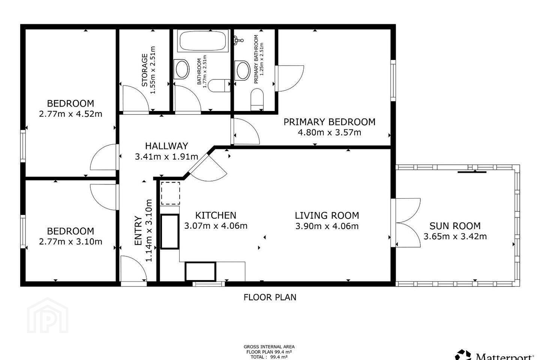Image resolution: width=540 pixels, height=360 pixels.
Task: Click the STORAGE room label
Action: tap(144, 70)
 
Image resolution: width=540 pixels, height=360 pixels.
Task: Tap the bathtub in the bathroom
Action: tap(203, 41)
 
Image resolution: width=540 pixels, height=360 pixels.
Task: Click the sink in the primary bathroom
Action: tap(243, 70)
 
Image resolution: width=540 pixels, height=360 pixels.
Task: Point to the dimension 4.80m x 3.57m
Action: tap(329, 132)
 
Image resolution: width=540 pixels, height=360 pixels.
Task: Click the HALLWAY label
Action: tap(166, 146)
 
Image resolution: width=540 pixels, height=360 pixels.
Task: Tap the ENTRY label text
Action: tap(138, 231)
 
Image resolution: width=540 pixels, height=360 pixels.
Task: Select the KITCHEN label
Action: tap(216, 215)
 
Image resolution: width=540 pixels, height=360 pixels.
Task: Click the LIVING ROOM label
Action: tap(327, 215)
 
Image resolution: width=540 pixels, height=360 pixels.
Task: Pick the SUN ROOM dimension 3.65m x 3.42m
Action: tap(455, 237)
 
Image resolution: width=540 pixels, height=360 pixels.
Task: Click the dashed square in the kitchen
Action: tap(170, 193)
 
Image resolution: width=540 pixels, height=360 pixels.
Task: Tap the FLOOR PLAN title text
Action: tap(270, 297)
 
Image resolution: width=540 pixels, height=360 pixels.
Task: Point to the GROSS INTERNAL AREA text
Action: tap(269, 347)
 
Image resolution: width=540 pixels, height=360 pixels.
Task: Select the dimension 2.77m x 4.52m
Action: tap(70, 114)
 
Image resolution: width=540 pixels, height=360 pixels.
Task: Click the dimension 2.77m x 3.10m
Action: tap(70, 241)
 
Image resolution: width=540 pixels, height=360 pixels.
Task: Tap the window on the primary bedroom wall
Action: tap(393, 80)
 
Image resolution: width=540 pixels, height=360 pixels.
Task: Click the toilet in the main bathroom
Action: tap(219, 85)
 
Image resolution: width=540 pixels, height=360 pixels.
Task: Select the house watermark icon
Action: tap(48, 315)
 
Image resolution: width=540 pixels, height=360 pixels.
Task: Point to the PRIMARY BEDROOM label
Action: tap(329, 122)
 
